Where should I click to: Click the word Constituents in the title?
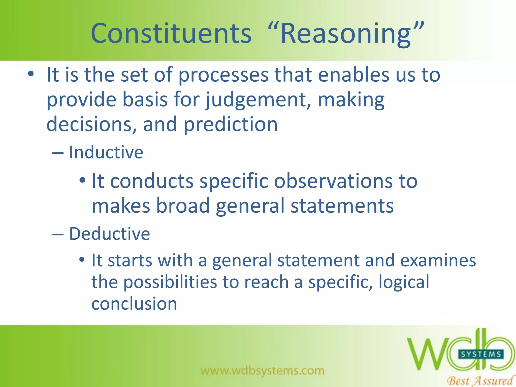(171, 34)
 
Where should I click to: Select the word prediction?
(230, 124)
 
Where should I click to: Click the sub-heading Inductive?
(106, 152)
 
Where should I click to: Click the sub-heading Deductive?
(109, 234)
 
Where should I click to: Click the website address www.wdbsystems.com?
(262, 371)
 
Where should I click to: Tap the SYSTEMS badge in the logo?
(481, 354)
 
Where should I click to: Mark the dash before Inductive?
(58, 153)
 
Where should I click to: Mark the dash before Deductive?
(58, 234)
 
